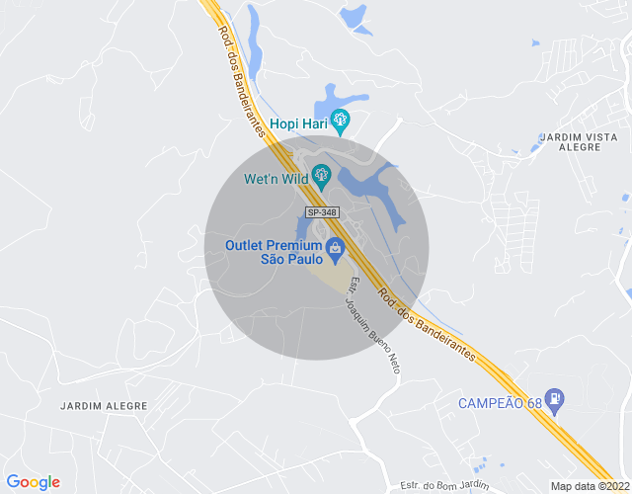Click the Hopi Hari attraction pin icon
(x=341, y=123)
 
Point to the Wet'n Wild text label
(x=276, y=179)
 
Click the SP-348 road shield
(x=322, y=212)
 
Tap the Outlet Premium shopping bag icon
(x=336, y=247)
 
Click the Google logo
(x=34, y=482)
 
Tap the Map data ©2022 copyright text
(x=589, y=485)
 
